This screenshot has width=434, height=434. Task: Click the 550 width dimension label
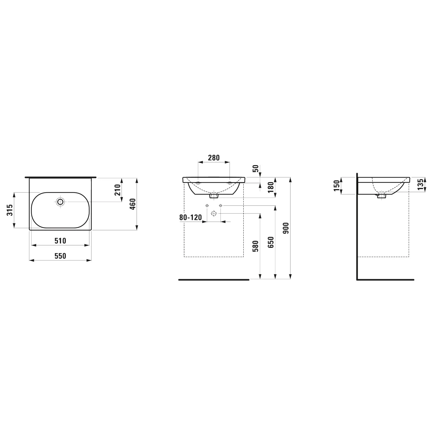point(60,256)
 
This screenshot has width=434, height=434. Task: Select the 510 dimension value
point(60,241)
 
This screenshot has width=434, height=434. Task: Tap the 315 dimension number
point(10,210)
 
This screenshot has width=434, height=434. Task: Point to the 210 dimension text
point(117,190)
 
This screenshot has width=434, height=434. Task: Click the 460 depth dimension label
point(133,204)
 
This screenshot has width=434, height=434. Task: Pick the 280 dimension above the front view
point(214,158)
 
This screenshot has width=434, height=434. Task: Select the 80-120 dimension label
point(190,217)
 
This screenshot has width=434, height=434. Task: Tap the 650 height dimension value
point(271,242)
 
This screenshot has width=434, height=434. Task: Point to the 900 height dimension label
point(286,228)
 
